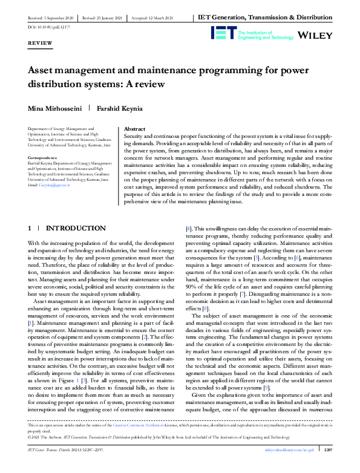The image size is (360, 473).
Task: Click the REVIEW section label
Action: pos(40,44)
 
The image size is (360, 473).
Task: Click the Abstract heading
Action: pos(134,129)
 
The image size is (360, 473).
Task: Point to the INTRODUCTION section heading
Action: pos(76,228)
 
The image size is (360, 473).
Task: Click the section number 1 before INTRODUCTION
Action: pos(30,228)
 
